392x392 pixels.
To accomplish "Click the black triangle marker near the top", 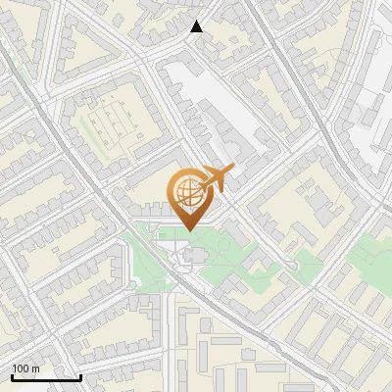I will pos(197,26).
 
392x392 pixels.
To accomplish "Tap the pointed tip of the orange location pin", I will pos(189,229).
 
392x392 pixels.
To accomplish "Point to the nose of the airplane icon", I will pos(232,170).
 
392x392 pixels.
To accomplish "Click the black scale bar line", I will pos(45,378).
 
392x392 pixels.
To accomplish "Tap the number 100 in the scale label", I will pos(22,369).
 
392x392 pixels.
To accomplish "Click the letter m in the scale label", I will pos(35,369).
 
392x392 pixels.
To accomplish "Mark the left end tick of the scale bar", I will pos(12,376).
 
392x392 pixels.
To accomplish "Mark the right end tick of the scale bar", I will pos(80,376).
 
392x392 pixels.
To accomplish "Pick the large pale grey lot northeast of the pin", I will pos(211,103).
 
